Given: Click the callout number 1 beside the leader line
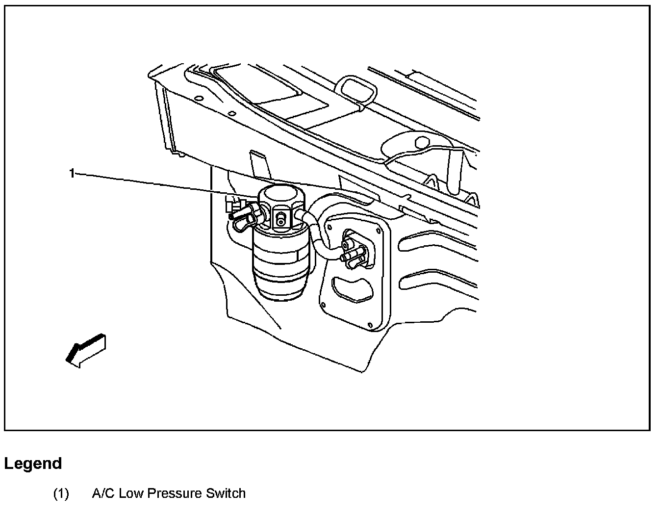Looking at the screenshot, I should pyautogui.click(x=72, y=173).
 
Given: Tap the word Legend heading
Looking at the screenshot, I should pyautogui.click(x=33, y=464).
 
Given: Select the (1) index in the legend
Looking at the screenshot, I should pyautogui.click(x=61, y=493).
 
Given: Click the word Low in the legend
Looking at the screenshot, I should pyautogui.click(x=131, y=493).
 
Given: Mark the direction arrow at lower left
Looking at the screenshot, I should pyautogui.click(x=86, y=349).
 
